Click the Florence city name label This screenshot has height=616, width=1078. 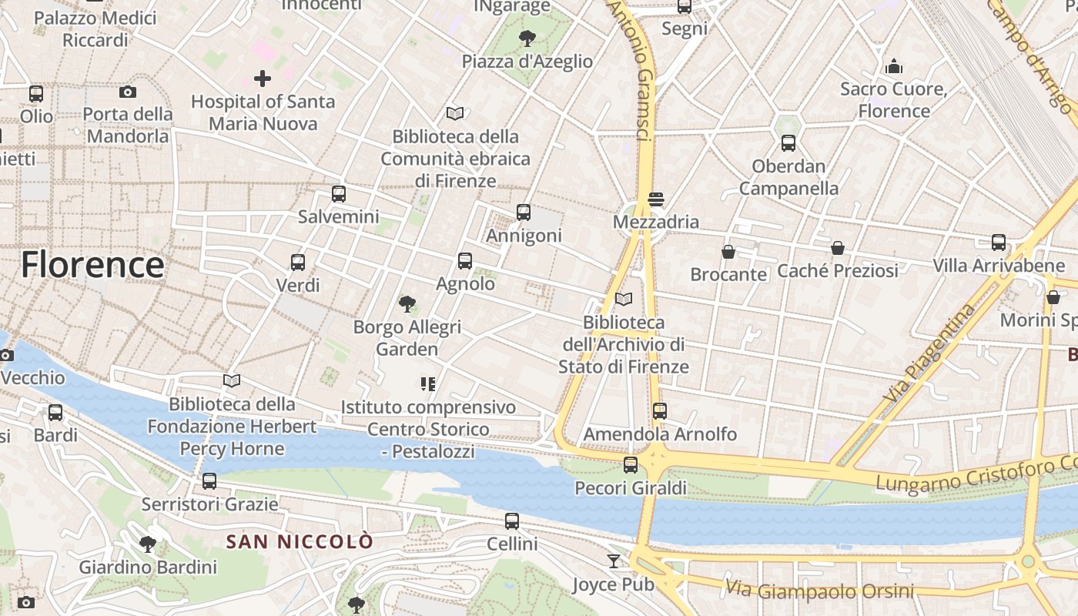click(92, 265)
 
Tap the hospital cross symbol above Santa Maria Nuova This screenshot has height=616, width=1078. click(263, 79)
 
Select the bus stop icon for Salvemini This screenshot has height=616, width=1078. click(339, 194)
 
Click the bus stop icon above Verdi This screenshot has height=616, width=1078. click(298, 263)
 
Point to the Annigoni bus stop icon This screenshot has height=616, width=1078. click(524, 213)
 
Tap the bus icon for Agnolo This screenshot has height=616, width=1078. click(465, 261)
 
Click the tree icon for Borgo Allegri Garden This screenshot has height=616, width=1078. click(407, 304)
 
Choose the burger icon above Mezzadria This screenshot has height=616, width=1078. click(656, 199)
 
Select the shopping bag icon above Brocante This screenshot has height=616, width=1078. click(728, 252)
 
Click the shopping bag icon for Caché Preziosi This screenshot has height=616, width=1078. click(837, 248)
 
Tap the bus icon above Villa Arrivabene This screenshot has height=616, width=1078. click(999, 243)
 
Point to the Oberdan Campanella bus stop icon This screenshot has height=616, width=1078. click(788, 143)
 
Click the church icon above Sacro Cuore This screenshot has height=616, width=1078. click(894, 66)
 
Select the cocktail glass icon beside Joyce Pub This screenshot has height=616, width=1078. click(613, 561)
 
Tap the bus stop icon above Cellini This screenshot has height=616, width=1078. click(512, 521)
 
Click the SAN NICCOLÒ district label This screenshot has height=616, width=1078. click(300, 541)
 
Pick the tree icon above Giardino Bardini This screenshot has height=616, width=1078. click(148, 544)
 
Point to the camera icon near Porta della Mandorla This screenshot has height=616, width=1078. click(128, 92)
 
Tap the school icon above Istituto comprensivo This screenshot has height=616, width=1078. click(428, 383)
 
